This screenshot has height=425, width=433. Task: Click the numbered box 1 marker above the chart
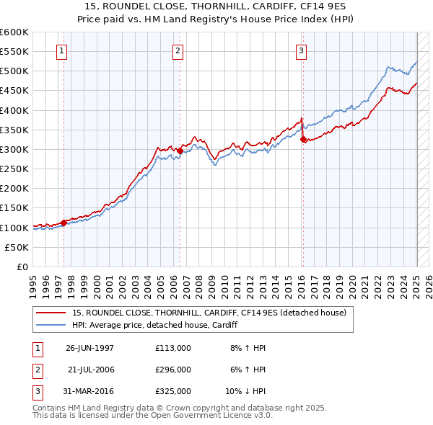(x=62, y=50)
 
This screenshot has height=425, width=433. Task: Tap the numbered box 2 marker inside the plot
(x=178, y=50)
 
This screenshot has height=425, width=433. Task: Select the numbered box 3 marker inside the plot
(x=301, y=50)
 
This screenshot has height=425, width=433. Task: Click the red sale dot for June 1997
(x=64, y=223)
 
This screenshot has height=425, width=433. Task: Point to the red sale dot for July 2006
(x=180, y=151)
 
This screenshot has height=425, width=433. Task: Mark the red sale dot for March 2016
(x=303, y=140)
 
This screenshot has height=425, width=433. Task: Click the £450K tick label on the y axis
(x=14, y=91)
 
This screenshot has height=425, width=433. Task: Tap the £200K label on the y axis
(x=14, y=189)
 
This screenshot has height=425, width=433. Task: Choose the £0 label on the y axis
(x=22, y=267)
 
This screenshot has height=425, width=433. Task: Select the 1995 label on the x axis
(x=32, y=281)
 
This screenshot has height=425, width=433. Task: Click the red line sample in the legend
(x=51, y=313)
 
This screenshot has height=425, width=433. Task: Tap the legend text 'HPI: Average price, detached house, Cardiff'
(x=155, y=326)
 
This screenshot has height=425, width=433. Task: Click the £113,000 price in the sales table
(x=173, y=347)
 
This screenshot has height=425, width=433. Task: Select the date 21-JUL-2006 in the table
(x=91, y=370)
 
